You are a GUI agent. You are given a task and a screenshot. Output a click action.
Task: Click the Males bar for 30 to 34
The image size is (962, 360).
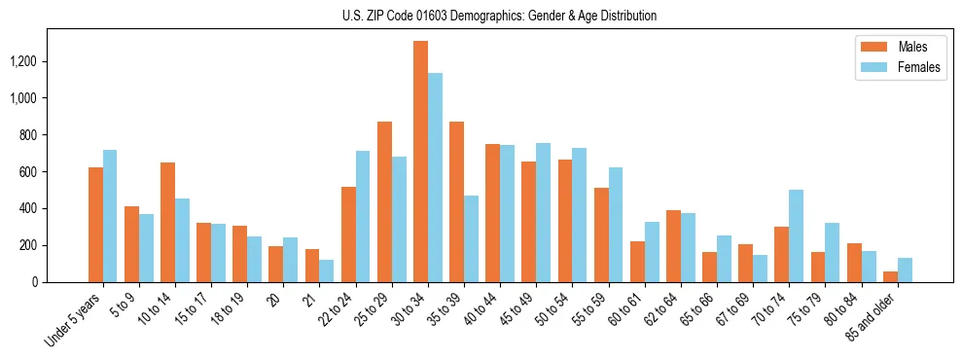[x=420, y=162]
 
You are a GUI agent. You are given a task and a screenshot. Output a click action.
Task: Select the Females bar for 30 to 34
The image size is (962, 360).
[x=435, y=177]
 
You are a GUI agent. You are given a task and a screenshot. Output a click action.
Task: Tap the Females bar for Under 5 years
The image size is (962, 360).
[x=110, y=216]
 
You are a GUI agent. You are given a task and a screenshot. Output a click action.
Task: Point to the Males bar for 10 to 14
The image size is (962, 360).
[x=167, y=222]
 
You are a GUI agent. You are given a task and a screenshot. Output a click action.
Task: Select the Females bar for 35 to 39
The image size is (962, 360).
[x=471, y=238]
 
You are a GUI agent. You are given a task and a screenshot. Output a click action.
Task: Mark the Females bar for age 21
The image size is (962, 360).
[x=327, y=270]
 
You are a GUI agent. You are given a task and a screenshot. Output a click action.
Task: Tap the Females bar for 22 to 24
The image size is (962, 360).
[x=363, y=216]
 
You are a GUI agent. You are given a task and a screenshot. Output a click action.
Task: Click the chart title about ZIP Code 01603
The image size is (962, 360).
[x=499, y=16]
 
